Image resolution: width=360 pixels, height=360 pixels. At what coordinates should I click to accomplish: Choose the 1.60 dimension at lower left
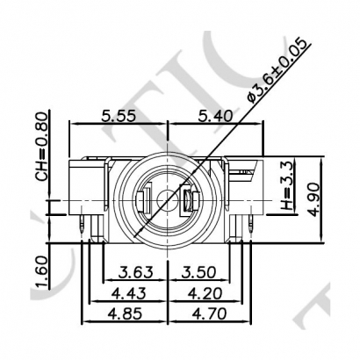41,263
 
